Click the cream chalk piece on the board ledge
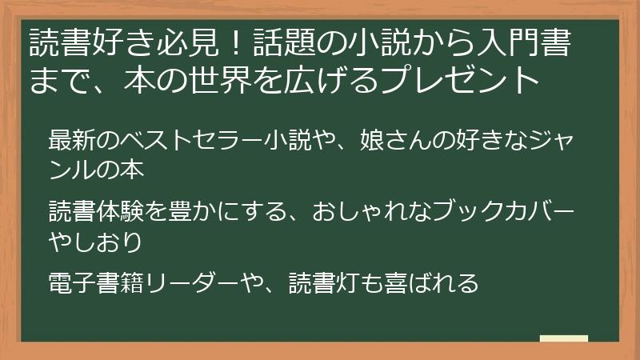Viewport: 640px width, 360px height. click(564, 338)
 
